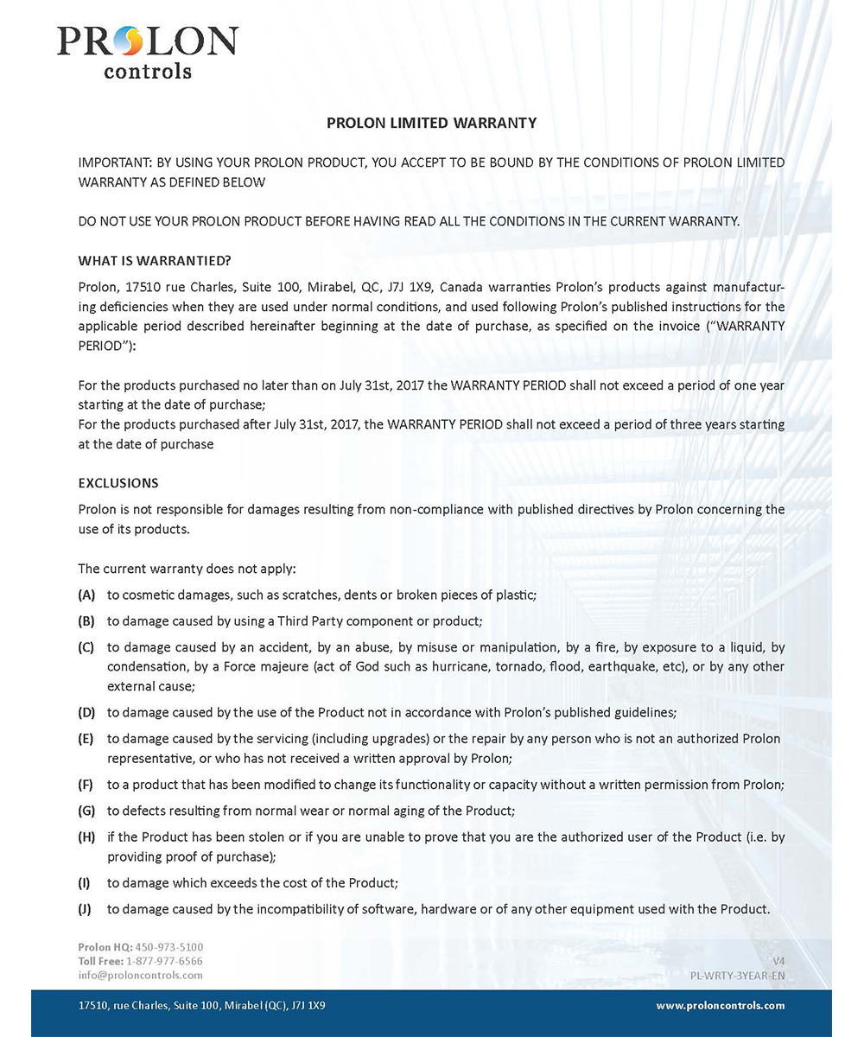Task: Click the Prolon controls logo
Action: coord(147,50)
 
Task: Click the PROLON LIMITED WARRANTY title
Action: coord(431,123)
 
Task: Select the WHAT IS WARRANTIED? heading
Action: coord(155,260)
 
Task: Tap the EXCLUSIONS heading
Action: coord(118,482)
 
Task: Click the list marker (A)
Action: coord(86,595)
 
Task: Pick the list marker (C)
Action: coord(86,646)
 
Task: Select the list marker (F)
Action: coord(86,785)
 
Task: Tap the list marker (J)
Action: coord(86,908)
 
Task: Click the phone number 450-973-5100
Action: coord(169,947)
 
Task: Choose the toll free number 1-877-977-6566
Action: coord(165,961)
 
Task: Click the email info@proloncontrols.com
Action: coord(140,975)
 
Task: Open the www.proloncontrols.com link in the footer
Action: coord(720,1005)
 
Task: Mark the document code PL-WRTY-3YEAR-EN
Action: coord(737,975)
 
